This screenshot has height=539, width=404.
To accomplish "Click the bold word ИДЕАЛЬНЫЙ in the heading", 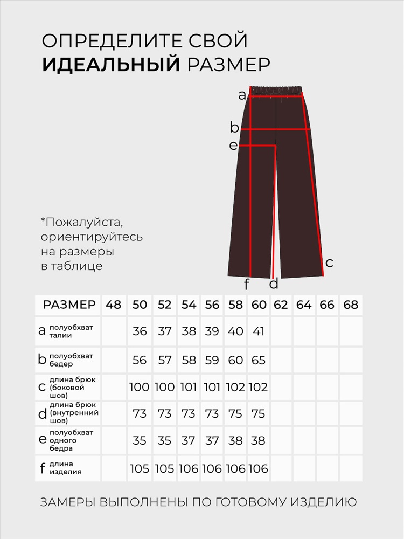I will (x=111, y=64).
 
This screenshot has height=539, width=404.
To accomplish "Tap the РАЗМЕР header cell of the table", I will (x=69, y=305).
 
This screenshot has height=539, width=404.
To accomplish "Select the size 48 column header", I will (x=113, y=305).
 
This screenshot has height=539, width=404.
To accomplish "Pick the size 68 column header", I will (x=351, y=305).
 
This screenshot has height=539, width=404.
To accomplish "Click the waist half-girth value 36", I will (x=140, y=331).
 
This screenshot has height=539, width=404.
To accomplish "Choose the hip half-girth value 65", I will (x=259, y=360).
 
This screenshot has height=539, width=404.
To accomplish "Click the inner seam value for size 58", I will (x=235, y=413).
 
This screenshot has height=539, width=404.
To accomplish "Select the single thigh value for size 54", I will (x=189, y=441).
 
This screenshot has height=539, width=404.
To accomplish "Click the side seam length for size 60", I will (x=259, y=388).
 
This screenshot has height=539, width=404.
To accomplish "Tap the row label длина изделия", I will (x=65, y=468).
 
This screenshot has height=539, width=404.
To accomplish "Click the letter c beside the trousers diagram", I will (x=330, y=262).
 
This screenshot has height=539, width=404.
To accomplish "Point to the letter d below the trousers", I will (x=274, y=284).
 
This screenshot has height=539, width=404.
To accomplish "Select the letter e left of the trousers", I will (x=233, y=146).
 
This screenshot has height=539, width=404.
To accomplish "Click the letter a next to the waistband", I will (x=242, y=96).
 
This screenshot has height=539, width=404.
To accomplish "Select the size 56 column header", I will (x=212, y=305).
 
